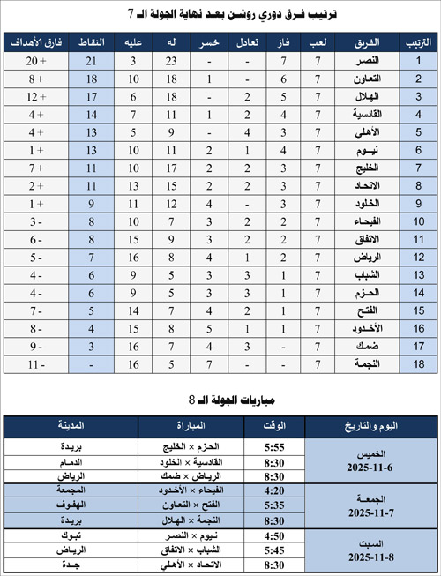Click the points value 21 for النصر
[91, 61]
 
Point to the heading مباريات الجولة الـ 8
[220, 399]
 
